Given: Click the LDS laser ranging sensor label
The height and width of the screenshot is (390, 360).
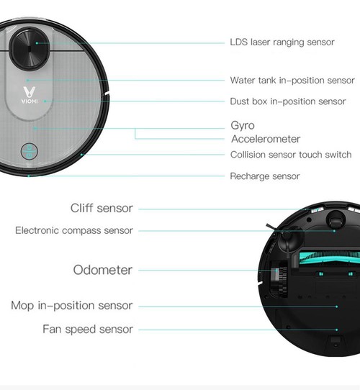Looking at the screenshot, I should [282, 42].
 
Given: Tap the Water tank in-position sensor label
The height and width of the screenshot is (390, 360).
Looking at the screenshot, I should [292, 81].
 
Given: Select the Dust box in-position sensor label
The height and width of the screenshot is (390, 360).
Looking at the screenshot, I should [288, 101].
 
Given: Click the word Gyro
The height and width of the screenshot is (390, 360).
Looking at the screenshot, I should [243, 126].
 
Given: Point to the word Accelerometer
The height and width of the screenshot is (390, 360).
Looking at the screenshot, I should [266, 139].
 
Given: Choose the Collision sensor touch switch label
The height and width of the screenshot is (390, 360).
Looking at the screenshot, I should [291, 155].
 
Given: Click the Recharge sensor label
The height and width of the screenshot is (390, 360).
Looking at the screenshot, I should [265, 176].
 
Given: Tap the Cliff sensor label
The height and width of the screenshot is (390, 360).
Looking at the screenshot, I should [102, 209].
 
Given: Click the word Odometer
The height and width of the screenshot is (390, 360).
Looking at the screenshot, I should [103, 271].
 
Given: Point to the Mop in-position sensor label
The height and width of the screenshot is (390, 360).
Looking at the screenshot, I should [72, 306].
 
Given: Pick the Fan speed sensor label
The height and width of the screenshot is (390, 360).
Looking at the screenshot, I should [88, 330].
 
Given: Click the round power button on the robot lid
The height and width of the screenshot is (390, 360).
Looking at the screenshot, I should [28, 151].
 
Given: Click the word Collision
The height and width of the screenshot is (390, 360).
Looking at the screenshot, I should [249, 155].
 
